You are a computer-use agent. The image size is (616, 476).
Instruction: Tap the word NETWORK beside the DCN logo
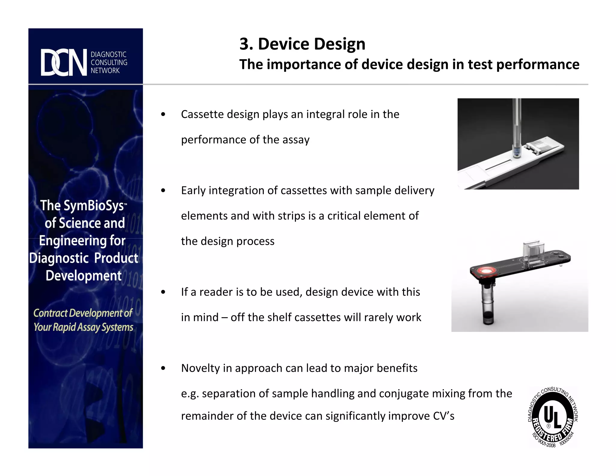click(x=105, y=71)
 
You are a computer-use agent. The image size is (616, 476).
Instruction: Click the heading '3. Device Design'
click(x=302, y=44)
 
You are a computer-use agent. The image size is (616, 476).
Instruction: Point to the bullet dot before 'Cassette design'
click(x=163, y=114)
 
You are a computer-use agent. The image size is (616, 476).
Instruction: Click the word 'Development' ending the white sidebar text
click(x=84, y=276)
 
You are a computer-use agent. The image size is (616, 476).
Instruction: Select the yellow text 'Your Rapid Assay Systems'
click(x=83, y=327)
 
